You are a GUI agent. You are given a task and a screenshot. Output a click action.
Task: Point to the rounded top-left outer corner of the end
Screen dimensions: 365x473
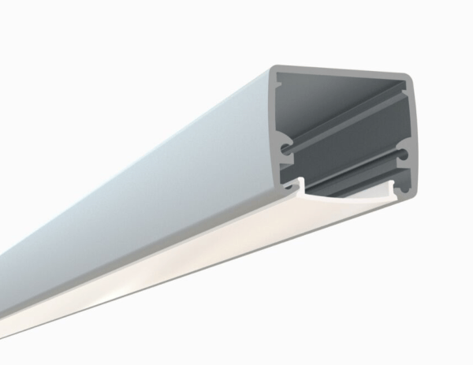tap(272, 70)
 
